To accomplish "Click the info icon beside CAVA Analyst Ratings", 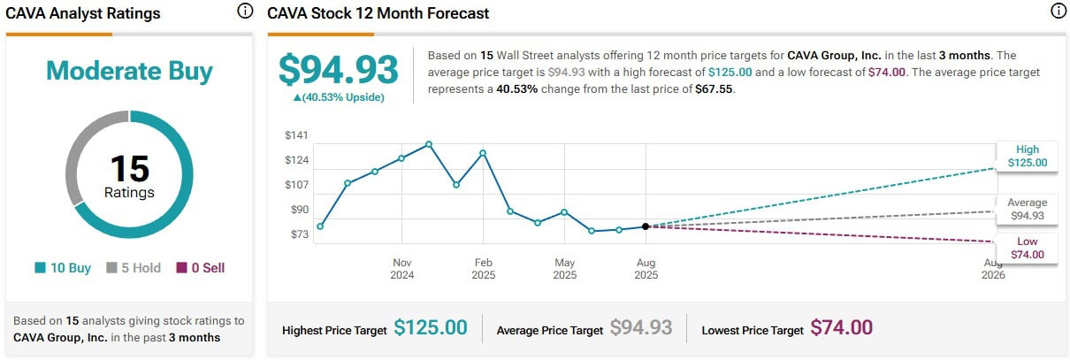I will pos(245,11).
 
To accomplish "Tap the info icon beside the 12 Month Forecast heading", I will pos(1058,11).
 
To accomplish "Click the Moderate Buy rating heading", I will pos(129,71).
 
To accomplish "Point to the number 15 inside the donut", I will pos(129,168).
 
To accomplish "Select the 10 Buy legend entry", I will pos(63,267).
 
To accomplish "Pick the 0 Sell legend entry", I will pos(201,267).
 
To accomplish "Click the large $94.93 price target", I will pos(339,69).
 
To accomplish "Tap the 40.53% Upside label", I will pos(339,97).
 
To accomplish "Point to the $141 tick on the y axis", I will pos(296,134).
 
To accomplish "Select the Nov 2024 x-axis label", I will pos(402,268).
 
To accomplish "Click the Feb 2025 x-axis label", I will pos(483,268).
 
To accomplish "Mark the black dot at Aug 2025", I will pos(646,226).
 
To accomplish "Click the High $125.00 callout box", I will pos(1027,156).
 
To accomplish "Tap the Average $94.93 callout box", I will pos(1027,209).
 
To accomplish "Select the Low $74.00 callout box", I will pos(1027,248).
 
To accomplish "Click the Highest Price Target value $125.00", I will pos(430,328).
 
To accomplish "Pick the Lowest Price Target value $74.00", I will pos(842,328).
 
